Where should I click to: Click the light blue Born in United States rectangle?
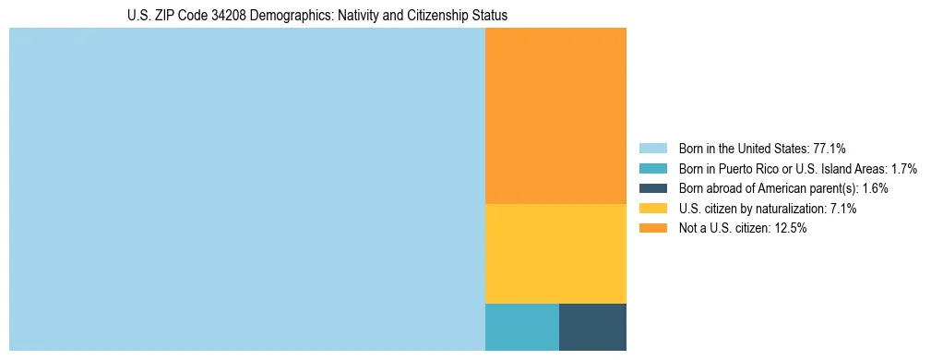246,189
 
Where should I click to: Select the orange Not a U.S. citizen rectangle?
555,115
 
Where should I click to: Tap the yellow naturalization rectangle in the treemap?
555,253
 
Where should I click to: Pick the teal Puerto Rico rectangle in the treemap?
521,327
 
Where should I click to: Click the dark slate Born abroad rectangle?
592,327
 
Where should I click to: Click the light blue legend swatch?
653,149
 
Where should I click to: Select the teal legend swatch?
653,169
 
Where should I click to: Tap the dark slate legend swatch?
653,188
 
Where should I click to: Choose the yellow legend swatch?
653,209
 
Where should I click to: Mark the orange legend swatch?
653,229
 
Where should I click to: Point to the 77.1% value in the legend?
830,149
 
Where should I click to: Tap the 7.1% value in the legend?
843,209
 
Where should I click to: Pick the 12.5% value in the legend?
790,229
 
